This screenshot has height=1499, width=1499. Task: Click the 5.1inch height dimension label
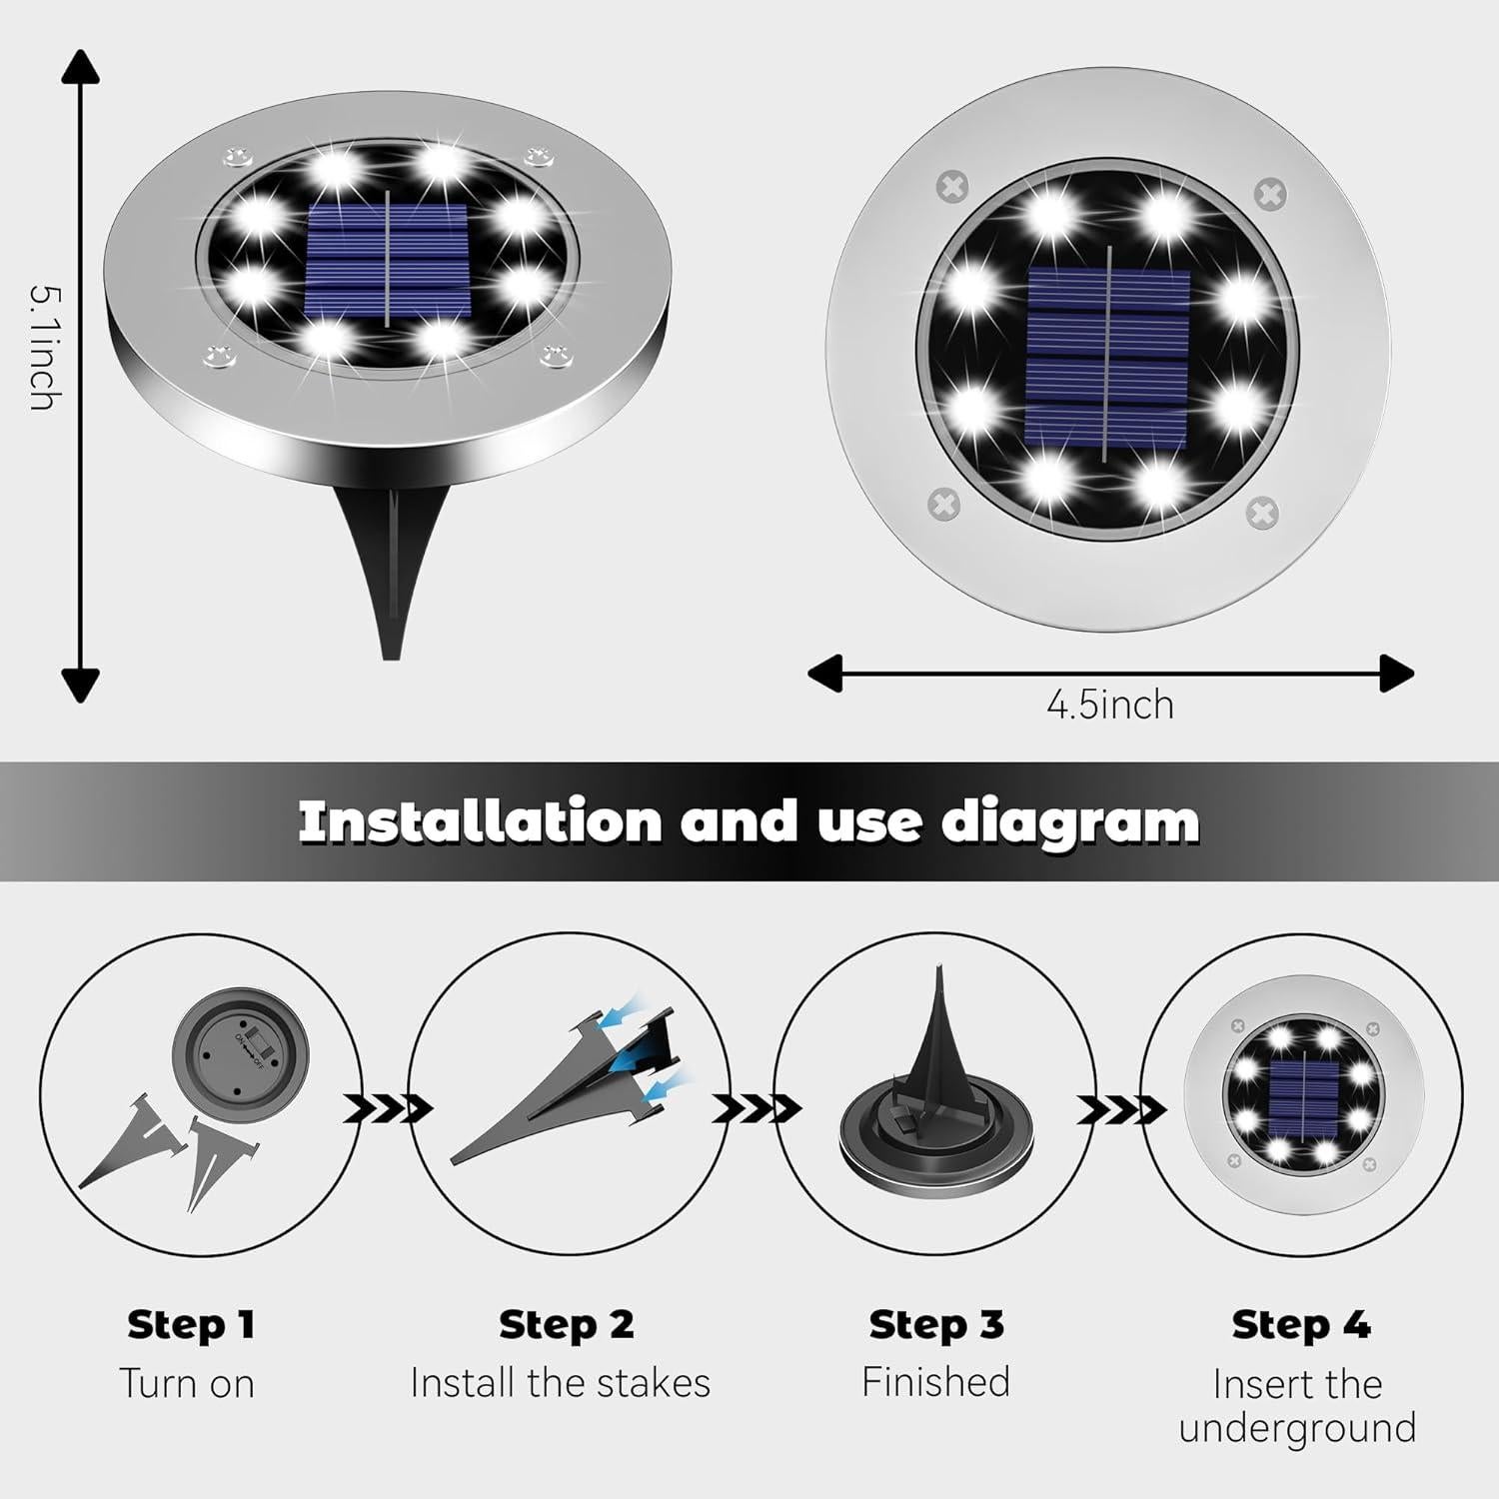pyautogui.click(x=40, y=347)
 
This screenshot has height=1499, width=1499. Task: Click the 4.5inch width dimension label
pyautogui.click(x=1109, y=705)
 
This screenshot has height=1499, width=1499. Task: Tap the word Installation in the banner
pyautogui.click(x=480, y=821)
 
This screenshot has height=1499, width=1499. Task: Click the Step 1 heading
pyautogui.click(x=191, y=1324)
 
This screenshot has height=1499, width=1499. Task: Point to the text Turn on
pyautogui.click(x=187, y=1383)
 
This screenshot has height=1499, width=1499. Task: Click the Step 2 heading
pyautogui.click(x=566, y=1324)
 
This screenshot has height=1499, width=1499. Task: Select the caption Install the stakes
pyautogui.click(x=560, y=1383)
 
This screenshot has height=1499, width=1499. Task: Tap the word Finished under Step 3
pyautogui.click(x=935, y=1382)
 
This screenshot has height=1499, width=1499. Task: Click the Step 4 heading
pyautogui.click(x=1300, y=1324)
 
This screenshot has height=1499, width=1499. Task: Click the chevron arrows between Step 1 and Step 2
pyautogui.click(x=387, y=1108)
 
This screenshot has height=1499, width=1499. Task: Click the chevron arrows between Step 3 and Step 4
pyautogui.click(x=1120, y=1108)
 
